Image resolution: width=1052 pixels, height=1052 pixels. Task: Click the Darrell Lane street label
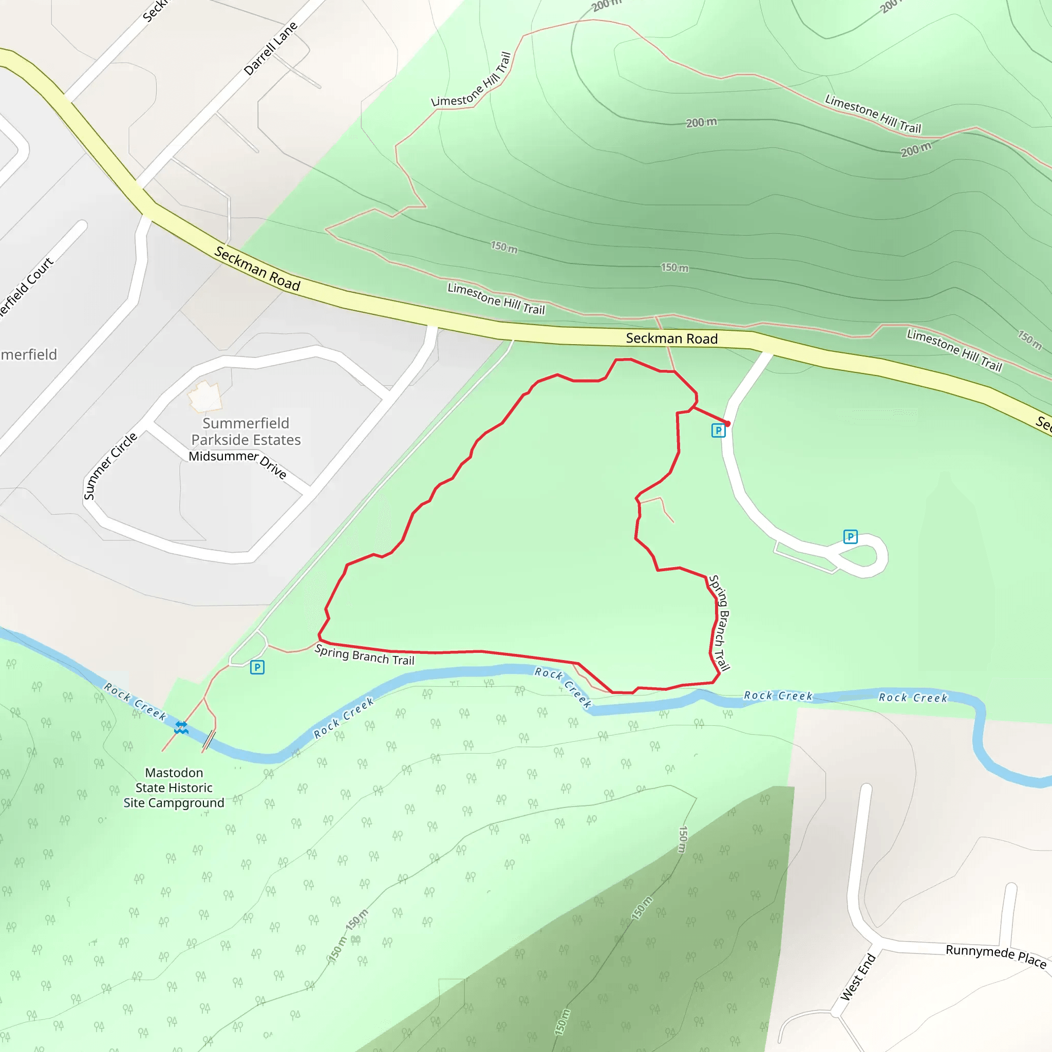pos(271,48)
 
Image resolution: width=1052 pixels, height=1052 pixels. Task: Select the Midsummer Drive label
pos(238,462)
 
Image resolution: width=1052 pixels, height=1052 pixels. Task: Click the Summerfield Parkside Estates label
pos(246,431)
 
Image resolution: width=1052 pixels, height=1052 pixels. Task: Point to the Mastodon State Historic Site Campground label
pos(174,787)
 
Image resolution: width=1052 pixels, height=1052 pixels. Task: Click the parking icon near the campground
pos(257,667)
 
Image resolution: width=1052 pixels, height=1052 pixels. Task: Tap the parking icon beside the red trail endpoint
pos(718,430)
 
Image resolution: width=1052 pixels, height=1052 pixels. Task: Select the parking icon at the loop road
pos(850,537)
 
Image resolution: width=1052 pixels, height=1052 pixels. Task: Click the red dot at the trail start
pos(727,424)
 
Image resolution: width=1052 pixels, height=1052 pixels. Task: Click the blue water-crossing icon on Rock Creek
pos(181,727)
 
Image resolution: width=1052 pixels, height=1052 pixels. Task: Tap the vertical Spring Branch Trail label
pos(719,623)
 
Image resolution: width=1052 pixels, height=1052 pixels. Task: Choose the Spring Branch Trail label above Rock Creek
pos(364,655)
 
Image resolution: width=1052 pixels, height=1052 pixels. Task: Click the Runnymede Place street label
pos(995,956)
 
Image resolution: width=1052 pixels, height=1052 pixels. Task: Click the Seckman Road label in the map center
pos(671,339)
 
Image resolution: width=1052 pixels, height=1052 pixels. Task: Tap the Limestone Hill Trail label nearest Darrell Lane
pos(472,80)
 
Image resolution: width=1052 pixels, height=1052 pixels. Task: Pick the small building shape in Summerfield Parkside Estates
pos(205,397)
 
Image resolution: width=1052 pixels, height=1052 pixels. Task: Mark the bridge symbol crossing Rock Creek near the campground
pos(209,740)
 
